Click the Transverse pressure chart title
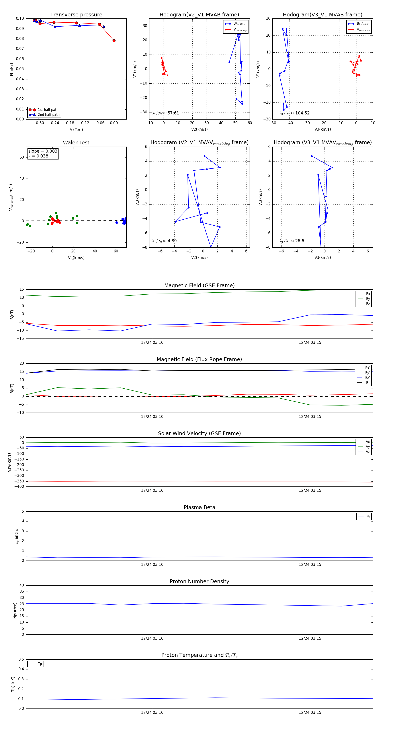pos(76,15)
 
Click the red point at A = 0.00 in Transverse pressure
pos(114,41)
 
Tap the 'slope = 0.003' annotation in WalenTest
pos(43,151)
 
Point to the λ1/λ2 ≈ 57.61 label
pos(166,113)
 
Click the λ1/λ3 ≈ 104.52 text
pos(295,113)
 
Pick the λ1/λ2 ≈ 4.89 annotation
pos(164,241)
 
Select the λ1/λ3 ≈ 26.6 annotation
pos(292,241)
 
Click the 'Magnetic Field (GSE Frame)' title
pos(199,285)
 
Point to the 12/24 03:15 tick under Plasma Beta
pos(310,565)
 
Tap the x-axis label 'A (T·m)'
pos(76,130)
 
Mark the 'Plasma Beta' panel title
pos(199,508)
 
